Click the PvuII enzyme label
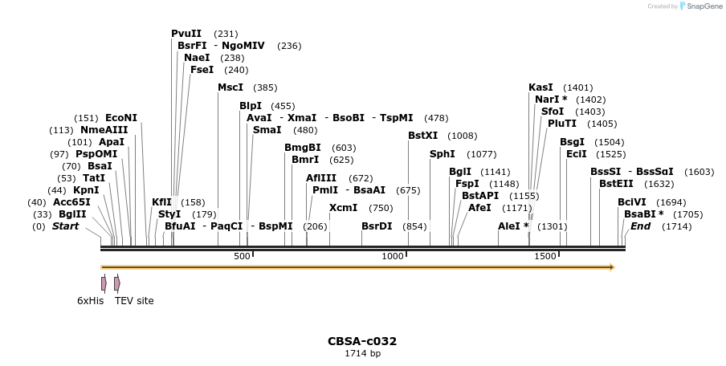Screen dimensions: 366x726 [186, 34]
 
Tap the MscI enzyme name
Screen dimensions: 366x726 [230, 87]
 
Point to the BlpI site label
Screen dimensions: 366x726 [251, 106]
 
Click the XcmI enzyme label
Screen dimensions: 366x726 [344, 208]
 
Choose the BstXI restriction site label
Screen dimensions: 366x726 [423, 136]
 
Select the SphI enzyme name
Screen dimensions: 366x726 [443, 154]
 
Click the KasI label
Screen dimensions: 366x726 [540, 87]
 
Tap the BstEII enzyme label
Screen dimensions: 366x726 [616, 184]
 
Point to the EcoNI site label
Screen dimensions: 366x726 [121, 118]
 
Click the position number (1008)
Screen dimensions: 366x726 [462, 136]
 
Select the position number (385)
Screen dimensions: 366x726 [265, 87]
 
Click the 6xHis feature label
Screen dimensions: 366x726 [91, 301]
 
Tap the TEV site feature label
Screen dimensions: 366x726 [134, 301]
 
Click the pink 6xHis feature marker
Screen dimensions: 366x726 [104, 283]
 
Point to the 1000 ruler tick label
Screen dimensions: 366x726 [393, 256]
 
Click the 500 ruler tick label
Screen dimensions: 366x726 [241, 256]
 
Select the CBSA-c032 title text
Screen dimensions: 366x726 [362, 341]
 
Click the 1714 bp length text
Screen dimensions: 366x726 [362, 353]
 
